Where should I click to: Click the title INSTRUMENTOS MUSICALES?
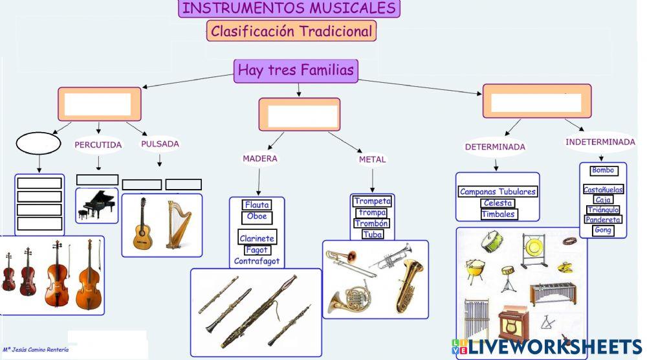(289, 8)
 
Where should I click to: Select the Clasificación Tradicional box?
(291, 30)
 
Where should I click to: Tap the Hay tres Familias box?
(296, 70)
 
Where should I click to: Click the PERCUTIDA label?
(98, 145)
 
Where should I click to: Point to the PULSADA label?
(160, 144)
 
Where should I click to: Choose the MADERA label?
(260, 159)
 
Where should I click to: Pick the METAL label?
(372, 159)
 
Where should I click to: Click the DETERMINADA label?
(495, 147)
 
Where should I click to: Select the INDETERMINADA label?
(600, 142)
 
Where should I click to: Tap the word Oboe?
(257, 217)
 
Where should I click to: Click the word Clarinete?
(257, 238)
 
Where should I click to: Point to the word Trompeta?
(372, 201)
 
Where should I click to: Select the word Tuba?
(372, 234)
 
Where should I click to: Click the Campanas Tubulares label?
(498, 192)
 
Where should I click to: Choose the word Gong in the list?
(603, 230)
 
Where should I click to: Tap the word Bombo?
(603, 171)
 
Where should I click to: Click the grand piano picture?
(97, 204)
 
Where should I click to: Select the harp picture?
(175, 224)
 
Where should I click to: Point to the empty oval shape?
(38, 143)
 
